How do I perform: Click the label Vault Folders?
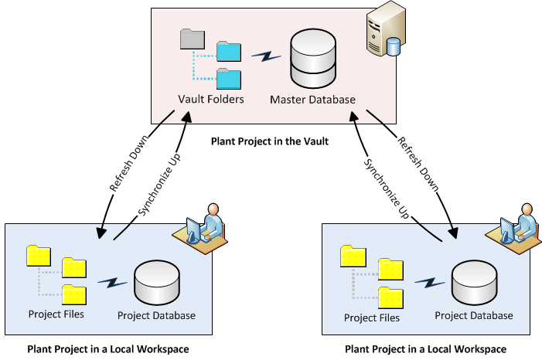point(210,100)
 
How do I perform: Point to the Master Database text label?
point(312,100)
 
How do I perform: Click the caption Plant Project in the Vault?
point(269,141)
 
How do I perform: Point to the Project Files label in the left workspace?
point(56,314)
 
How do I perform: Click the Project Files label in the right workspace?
point(372,318)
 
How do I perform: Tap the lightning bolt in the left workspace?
point(113,283)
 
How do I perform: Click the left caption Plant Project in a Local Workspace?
point(107,349)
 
